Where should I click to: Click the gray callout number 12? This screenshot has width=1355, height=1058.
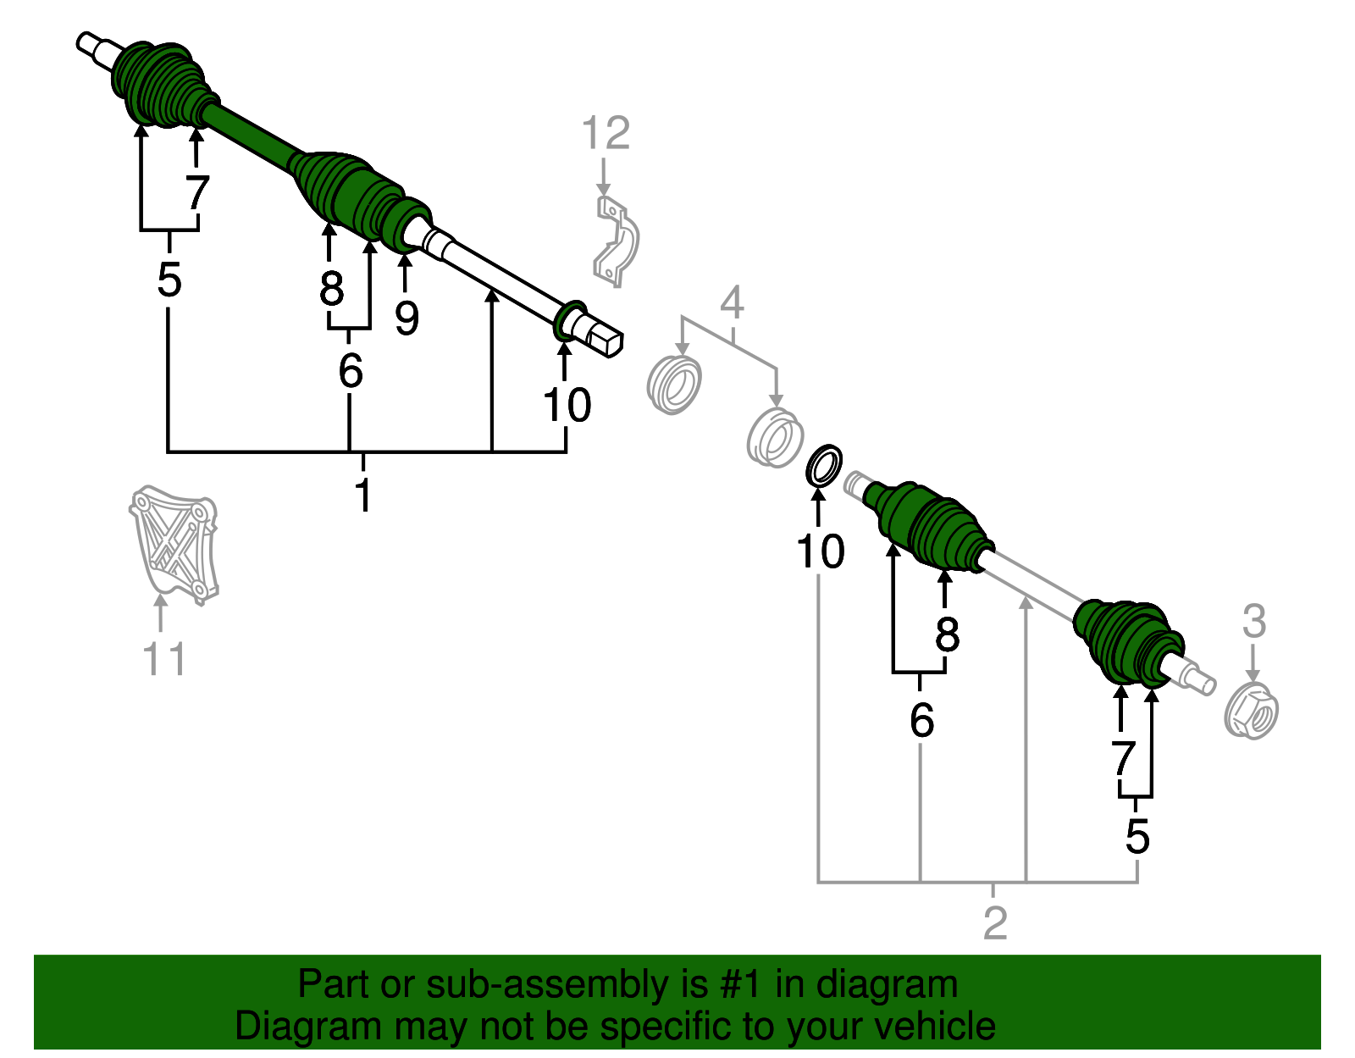coord(606,133)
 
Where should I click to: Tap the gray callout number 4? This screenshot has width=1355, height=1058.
coord(732,302)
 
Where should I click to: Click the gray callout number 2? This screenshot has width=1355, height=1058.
coord(995,923)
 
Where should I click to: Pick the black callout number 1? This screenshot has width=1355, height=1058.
coord(363,495)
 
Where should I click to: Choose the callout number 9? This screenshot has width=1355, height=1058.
coord(406,318)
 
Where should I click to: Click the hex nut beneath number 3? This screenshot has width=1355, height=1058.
coord(1251,711)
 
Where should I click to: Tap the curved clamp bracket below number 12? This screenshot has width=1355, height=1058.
coord(616,241)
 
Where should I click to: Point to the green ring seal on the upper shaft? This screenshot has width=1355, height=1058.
coord(571,321)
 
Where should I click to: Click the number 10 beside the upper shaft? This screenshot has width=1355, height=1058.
coord(567,405)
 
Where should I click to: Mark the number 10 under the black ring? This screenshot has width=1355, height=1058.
coord(820,551)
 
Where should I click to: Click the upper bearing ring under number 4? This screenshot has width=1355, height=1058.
coord(674,384)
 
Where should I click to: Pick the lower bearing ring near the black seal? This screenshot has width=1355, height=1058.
coord(775,437)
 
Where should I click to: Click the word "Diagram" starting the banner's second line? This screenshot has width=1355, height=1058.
coord(308,1026)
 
